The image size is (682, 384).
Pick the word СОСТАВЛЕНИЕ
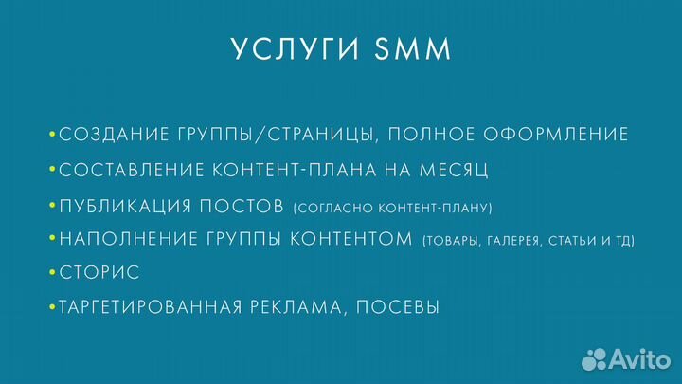[126, 170]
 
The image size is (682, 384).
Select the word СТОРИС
[99, 273]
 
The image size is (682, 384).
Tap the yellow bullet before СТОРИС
[53, 273]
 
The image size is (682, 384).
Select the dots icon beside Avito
[595, 358]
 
